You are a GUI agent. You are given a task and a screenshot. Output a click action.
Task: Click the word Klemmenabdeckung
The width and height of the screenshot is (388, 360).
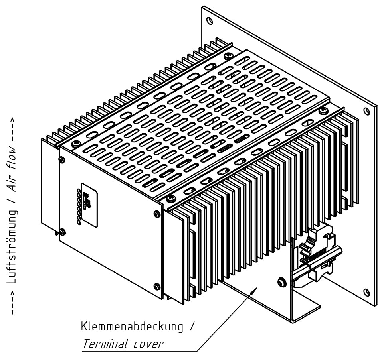pyautogui.click(x=132, y=327)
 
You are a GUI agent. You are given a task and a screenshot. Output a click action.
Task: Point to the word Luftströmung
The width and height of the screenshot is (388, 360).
pyautogui.click(x=12, y=246)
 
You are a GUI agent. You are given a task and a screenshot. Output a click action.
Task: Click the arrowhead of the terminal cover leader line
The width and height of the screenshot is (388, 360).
pyautogui.click(x=255, y=290)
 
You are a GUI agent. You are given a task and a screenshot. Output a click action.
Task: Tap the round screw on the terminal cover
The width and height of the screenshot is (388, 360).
pyautogui.click(x=281, y=282)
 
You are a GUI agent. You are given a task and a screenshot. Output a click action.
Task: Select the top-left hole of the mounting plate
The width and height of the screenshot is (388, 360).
pyautogui.click(x=209, y=20)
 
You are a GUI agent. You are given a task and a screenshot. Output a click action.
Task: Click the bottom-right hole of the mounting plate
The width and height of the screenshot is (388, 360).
pyautogui.click(x=367, y=292)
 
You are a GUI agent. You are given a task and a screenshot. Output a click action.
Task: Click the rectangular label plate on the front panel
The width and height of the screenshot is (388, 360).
pyautogui.click(x=89, y=205)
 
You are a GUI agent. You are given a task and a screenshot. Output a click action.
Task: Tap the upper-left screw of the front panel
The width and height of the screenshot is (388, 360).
pyautogui.click(x=61, y=160)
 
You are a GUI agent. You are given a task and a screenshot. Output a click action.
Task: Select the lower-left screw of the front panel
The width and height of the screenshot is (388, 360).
pyautogui.click(x=62, y=232)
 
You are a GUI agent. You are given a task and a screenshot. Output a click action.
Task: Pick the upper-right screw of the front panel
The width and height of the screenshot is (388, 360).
pyautogui.click(x=157, y=214)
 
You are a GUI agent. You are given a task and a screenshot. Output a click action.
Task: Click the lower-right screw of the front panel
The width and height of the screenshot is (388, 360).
pyautogui.click(x=157, y=286)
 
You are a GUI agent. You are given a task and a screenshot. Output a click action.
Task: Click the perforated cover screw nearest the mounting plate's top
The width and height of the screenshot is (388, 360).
pyautogui.click(x=228, y=56)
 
